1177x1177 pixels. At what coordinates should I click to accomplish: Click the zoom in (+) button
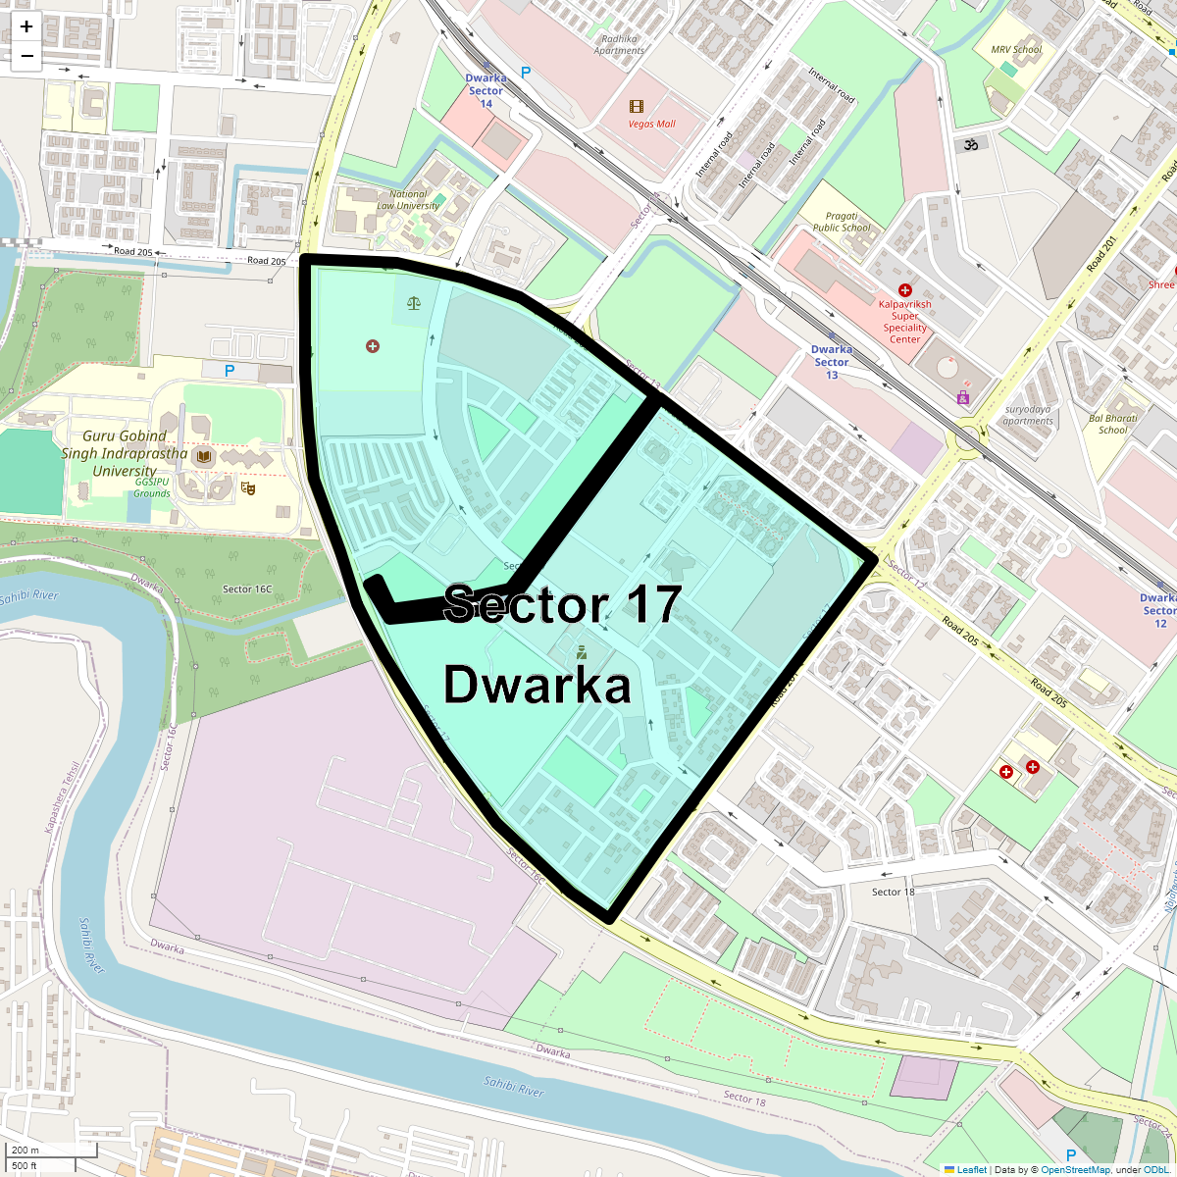click(26, 26)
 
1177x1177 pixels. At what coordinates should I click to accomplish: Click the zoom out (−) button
click(26, 56)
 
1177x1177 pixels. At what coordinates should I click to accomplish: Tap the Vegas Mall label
click(652, 125)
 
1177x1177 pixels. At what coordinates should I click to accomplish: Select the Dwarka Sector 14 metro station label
click(486, 90)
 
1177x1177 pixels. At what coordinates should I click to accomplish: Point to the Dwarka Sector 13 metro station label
click(832, 362)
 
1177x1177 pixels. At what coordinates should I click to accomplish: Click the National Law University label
click(408, 200)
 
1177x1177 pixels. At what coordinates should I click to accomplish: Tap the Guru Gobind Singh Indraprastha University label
click(125, 453)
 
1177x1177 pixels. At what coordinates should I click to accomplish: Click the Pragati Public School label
click(842, 222)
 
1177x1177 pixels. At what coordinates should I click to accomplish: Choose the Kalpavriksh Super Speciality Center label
click(905, 322)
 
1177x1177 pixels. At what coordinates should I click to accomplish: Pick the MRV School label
click(1016, 49)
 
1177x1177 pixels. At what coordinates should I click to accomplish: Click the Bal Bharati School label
click(1113, 424)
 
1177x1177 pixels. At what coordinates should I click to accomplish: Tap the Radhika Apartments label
click(619, 45)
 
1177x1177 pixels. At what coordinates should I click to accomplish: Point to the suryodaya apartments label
click(1028, 415)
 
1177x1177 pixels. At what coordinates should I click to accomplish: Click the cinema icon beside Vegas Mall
click(638, 106)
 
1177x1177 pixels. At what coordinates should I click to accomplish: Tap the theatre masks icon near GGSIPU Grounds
click(248, 487)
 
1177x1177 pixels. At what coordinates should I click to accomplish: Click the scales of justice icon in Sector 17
click(414, 302)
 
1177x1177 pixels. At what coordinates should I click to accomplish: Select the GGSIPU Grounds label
click(152, 487)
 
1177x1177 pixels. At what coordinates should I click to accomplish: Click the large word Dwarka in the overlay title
click(537, 685)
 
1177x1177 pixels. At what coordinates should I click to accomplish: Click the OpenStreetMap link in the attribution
click(1075, 1169)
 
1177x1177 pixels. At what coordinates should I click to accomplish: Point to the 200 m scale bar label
click(26, 1150)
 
